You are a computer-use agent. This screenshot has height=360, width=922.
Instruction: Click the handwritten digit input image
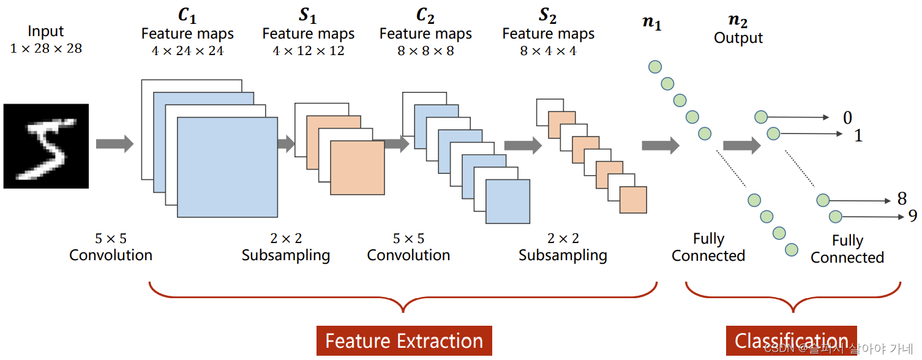click(x=46, y=146)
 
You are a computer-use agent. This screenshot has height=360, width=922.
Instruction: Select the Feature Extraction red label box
click(x=404, y=340)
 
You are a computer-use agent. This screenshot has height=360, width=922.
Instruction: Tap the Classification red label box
click(x=791, y=340)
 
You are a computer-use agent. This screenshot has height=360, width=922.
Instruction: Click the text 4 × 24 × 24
click(x=187, y=51)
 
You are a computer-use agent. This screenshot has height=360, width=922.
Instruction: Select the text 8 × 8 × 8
click(x=425, y=51)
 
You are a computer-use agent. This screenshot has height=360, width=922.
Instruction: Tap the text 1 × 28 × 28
click(x=46, y=48)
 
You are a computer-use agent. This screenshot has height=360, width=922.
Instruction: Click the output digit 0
click(x=847, y=118)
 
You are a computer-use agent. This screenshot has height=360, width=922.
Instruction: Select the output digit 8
click(x=902, y=199)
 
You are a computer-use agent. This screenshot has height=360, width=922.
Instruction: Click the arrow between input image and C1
click(x=114, y=144)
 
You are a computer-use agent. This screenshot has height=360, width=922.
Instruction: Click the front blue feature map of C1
click(x=227, y=167)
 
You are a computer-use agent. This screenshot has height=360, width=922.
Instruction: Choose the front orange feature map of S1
click(x=357, y=168)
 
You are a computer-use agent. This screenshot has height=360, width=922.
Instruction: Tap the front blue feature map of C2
click(x=508, y=201)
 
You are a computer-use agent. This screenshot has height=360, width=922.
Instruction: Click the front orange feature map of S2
click(x=633, y=200)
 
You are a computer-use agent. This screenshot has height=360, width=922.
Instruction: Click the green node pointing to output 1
click(x=773, y=133)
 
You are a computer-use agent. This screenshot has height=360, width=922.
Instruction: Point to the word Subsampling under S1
click(x=286, y=255)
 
